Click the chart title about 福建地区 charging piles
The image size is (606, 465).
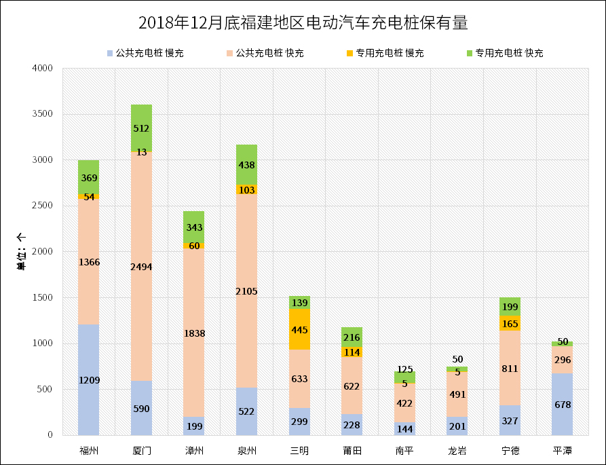(303, 23)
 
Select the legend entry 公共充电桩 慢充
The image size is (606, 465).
(145, 53)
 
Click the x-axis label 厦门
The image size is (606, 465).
(142, 450)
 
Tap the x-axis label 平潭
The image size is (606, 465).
(563, 450)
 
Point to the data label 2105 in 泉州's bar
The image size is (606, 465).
(247, 291)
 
